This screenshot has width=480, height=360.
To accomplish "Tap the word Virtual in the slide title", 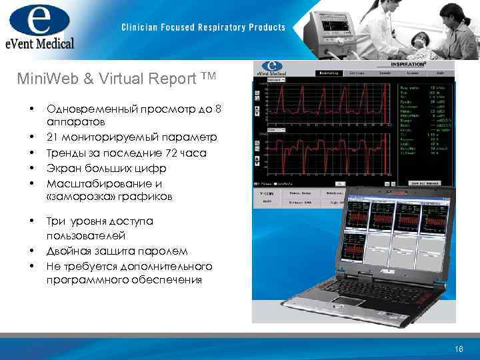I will (111, 79).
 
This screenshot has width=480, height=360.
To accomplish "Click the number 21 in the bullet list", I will (53, 137).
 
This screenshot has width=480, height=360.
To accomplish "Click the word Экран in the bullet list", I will (63, 168).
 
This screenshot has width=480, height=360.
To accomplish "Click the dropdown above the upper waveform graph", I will (275, 79).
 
